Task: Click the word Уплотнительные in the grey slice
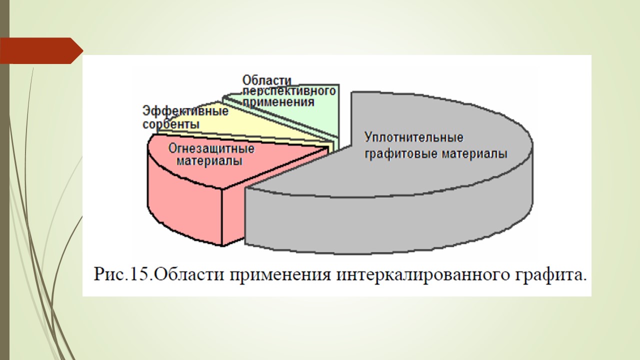click(413, 138)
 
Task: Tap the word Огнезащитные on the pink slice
click(211, 148)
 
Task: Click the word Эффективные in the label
click(185, 111)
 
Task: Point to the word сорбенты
click(171, 124)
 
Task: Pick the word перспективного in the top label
click(289, 91)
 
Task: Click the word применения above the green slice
click(278, 102)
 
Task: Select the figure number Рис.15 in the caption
click(123, 274)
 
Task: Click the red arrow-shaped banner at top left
click(41, 50)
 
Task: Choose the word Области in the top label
click(267, 80)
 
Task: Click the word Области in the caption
click(190, 274)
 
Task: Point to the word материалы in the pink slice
click(209, 161)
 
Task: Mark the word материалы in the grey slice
click(474, 154)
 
